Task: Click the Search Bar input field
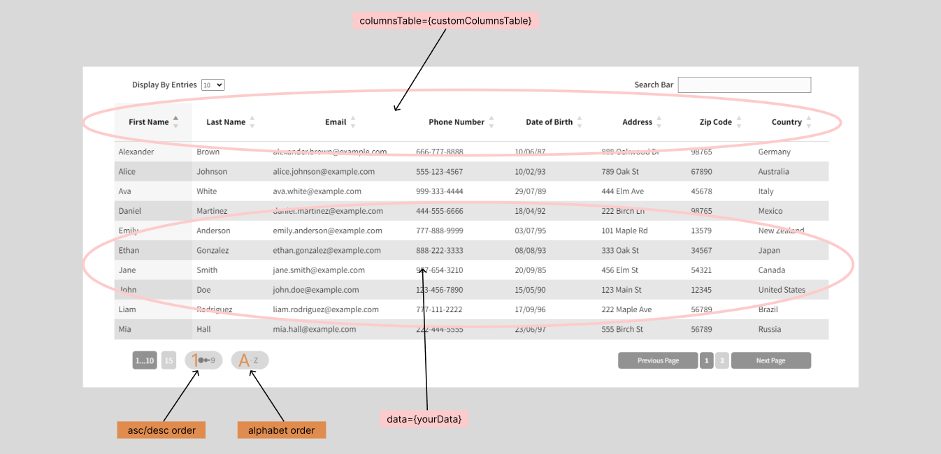[744, 85]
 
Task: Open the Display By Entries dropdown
[213, 85]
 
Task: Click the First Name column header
[149, 122]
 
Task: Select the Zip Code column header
[715, 122]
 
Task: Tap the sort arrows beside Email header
[353, 122]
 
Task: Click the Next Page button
[770, 360]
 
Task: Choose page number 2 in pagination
[722, 360]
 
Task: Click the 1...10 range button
[145, 360]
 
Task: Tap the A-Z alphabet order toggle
[250, 360]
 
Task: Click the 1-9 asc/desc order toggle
[203, 360]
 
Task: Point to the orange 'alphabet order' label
[281, 430]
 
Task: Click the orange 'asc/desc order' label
[161, 430]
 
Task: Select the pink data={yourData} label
[424, 419]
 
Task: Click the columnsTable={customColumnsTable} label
[445, 21]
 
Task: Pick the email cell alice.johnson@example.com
[324, 172]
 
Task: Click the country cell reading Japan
[769, 251]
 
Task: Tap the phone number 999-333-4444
[439, 191]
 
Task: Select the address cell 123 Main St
[622, 290]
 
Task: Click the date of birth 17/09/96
[530, 309]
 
